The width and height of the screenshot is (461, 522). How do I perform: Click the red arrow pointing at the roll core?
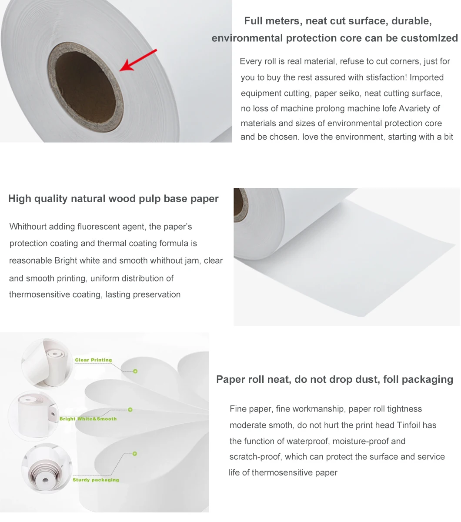[x=138, y=60]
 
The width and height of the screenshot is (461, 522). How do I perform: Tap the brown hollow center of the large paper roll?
[x=85, y=87]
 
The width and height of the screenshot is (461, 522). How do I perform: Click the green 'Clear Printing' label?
[x=93, y=360]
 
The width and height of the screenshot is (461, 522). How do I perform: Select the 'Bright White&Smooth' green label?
[x=88, y=418]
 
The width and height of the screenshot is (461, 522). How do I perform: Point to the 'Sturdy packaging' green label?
[x=96, y=480]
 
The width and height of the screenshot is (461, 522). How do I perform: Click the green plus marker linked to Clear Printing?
[x=135, y=371]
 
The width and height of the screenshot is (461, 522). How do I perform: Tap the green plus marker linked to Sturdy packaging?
[x=135, y=454]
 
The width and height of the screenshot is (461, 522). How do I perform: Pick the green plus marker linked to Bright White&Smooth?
[x=130, y=410]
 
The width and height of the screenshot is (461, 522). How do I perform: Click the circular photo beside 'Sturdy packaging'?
[x=47, y=468]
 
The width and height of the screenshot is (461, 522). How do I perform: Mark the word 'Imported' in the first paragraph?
[x=427, y=77]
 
